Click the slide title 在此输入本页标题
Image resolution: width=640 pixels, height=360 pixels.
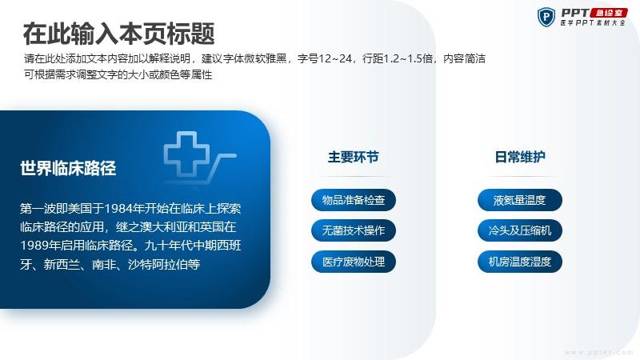118,34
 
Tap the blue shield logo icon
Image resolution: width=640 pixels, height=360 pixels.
546,17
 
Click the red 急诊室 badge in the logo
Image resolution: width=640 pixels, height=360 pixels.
609,13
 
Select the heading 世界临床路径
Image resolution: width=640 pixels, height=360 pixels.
68,168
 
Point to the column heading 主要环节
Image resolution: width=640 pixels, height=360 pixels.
354,157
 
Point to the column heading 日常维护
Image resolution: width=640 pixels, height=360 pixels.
520,157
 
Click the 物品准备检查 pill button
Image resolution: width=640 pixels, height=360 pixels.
354,200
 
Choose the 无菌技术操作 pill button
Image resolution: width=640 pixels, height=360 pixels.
354,230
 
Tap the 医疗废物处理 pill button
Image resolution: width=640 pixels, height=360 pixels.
354,262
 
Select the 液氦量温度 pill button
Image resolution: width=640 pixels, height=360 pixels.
520,200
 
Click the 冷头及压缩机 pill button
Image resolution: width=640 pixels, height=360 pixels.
520,230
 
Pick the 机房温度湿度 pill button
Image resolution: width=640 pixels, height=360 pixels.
520,262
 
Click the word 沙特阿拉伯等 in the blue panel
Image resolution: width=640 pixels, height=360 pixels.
164,265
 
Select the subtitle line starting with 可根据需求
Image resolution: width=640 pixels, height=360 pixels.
118,74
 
